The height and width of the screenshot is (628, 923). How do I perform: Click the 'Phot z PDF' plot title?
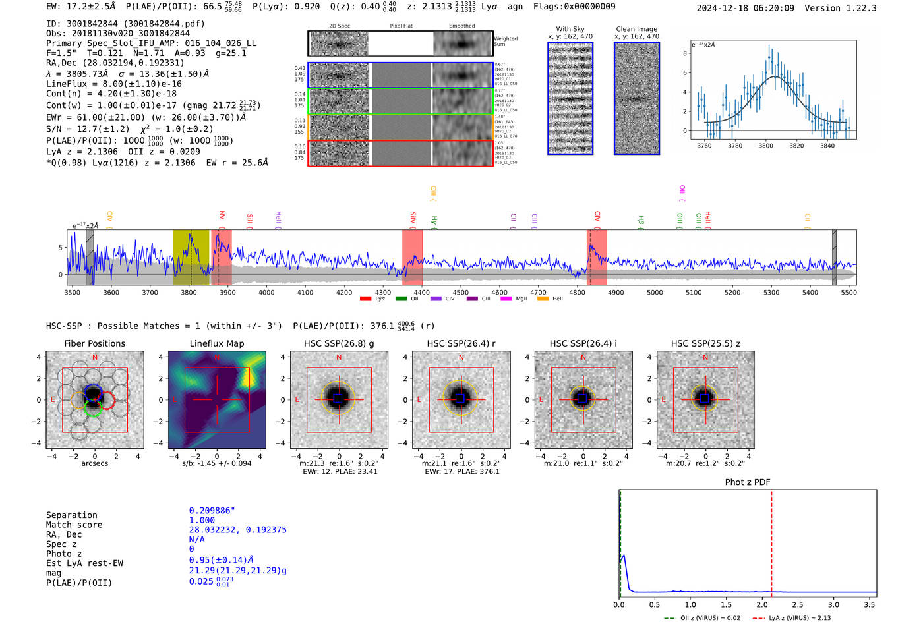(x=748, y=482)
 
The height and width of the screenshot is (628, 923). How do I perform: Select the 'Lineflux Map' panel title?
(x=216, y=343)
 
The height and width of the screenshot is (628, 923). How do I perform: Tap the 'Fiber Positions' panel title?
(x=94, y=343)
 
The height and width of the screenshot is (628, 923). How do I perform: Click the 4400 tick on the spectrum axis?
(x=422, y=293)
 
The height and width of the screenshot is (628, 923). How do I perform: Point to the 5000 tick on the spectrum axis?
(x=655, y=293)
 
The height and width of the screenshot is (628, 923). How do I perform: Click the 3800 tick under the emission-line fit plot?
(x=765, y=146)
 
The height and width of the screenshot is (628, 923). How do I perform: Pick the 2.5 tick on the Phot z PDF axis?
(x=797, y=604)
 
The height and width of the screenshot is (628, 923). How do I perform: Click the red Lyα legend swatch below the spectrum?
(x=365, y=299)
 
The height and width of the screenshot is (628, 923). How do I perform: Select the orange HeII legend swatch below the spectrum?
(x=543, y=299)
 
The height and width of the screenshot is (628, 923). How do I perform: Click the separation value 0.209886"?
(x=212, y=511)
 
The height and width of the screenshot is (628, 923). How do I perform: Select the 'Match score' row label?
(x=74, y=525)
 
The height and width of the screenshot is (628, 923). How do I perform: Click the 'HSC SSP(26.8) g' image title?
(x=339, y=343)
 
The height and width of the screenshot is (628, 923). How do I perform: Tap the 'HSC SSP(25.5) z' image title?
(x=705, y=343)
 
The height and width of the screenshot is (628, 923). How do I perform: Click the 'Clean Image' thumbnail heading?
(x=636, y=29)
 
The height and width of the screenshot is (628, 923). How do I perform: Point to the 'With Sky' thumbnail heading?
(x=570, y=29)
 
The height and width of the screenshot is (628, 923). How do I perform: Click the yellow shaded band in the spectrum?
(x=191, y=257)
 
